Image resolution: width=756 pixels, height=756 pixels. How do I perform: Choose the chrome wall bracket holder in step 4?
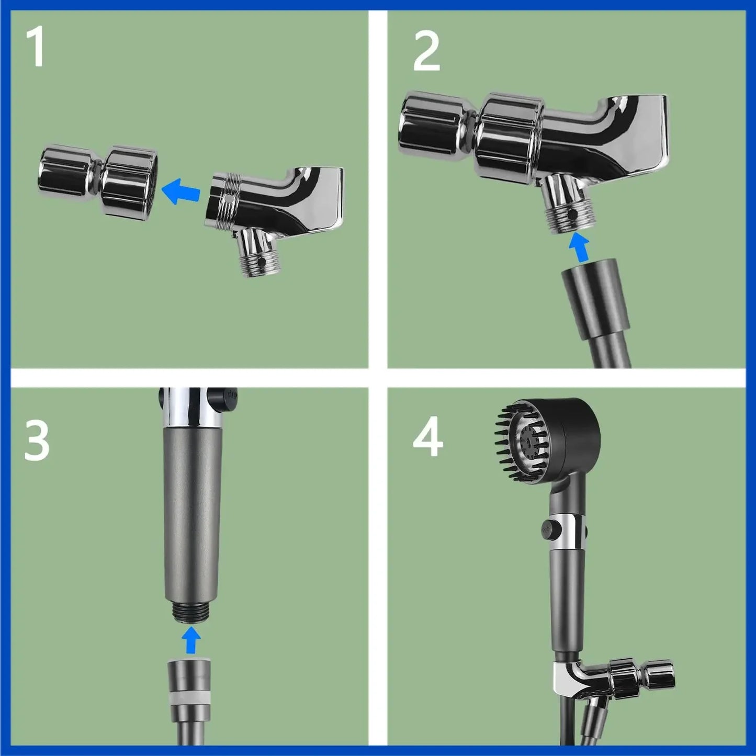(x=612, y=680)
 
